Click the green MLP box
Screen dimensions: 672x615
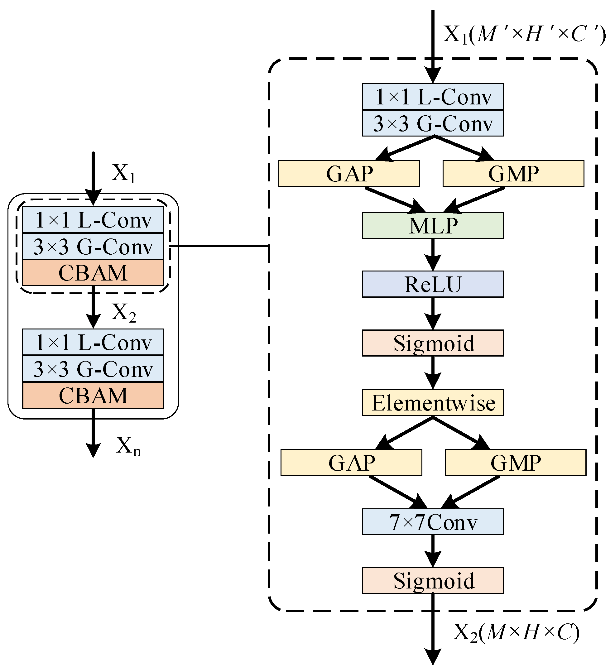[x=433, y=226]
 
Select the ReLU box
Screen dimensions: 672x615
[x=433, y=284]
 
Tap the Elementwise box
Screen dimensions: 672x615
[x=433, y=403]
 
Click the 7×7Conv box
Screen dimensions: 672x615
[x=433, y=522]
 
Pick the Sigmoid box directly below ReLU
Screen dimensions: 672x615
[x=433, y=343]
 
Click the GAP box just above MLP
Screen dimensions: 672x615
[x=349, y=173]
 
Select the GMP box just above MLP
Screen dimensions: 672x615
[x=513, y=173]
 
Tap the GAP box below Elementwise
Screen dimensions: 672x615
[x=351, y=463]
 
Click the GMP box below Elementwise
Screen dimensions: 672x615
[x=515, y=463]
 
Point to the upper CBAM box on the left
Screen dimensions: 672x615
[x=93, y=273]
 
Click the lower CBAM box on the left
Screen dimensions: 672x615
[x=93, y=395]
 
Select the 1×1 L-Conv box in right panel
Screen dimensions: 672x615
[x=433, y=96]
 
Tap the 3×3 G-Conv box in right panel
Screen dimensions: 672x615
[x=433, y=123]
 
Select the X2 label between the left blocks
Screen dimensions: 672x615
[x=124, y=313]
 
